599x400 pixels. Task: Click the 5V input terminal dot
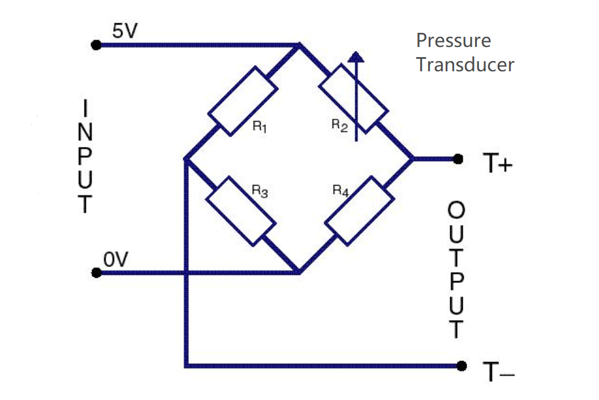tap(96, 45)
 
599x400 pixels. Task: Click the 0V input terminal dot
tap(96, 273)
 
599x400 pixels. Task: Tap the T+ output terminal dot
tap(459, 159)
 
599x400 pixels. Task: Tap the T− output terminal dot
tap(462, 365)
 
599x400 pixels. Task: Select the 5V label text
tap(124, 31)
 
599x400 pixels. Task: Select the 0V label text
tap(116, 260)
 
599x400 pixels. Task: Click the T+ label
tap(497, 164)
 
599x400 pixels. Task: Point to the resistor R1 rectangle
tap(242, 101)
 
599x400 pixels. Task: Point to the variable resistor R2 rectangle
tap(353, 98)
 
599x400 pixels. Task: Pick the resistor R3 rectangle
tap(242, 210)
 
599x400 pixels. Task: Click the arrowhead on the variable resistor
tap(355, 56)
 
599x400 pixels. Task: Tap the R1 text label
tap(260, 127)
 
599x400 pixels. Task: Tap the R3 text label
tap(260, 191)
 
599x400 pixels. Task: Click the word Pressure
tap(454, 41)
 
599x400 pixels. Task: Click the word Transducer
tap(466, 64)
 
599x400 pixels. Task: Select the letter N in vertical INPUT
tap(84, 131)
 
